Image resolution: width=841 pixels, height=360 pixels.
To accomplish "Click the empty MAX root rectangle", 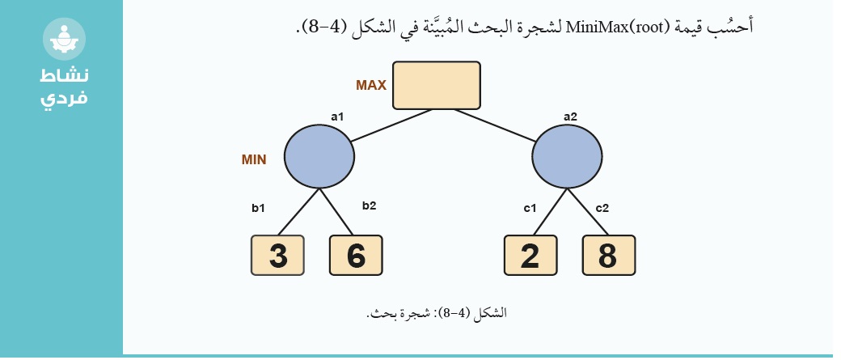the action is coord(437,85).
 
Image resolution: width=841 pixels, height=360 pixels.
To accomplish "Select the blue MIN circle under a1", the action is coord(319,156).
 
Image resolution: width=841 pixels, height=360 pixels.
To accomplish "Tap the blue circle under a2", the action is coord(567,156).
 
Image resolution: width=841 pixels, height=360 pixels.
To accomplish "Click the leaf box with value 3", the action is coord(278,256).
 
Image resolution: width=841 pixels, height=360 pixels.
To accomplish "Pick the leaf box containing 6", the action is coord(356,256).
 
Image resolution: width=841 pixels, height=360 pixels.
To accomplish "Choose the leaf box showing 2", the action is coord(530,256).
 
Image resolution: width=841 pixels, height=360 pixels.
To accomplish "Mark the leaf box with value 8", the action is coord(609,256).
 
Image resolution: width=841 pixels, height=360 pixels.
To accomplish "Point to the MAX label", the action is coord(371,85).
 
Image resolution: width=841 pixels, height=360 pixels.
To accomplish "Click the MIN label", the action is coord(254,159).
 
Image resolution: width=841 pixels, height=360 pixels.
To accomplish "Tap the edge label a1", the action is coord(337,116).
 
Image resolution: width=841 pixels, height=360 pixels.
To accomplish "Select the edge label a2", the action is coord(570,116).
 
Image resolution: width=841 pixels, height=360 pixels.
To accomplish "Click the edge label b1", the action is coord(259,208).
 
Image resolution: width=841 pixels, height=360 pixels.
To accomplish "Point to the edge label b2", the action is coord(369,205).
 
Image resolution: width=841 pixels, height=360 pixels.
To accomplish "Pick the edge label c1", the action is coord(530,208).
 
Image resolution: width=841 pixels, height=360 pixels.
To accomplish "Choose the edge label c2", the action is coord(602,208).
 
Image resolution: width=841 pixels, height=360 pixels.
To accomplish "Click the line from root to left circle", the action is coord(391,125).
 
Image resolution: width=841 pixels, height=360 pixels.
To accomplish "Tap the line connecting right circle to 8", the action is coord(588,212).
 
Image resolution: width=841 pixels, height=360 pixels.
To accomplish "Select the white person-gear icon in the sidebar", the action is coord(65,39).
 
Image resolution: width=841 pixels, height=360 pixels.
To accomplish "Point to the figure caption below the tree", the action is coord(436,313).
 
